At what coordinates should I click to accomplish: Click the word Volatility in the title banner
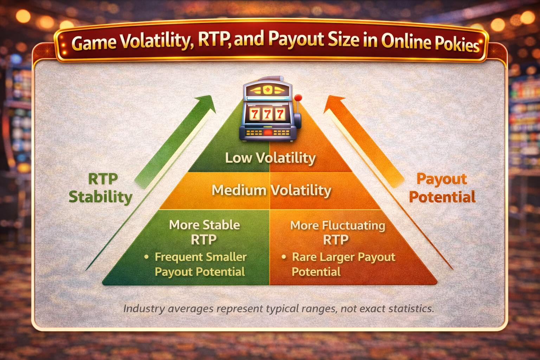157,41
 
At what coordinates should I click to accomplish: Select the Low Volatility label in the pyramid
270,158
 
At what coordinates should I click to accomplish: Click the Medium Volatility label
271,191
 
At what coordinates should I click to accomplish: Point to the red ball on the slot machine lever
298,98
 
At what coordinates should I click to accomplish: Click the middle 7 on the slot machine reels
267,114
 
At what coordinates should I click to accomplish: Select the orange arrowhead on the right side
334,104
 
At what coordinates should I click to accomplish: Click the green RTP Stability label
101,188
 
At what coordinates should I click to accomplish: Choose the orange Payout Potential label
442,188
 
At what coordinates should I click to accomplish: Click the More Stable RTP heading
204,232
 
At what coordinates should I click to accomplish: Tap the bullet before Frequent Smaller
146,257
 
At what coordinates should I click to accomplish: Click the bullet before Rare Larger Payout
284,257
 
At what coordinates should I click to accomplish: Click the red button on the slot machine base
268,133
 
